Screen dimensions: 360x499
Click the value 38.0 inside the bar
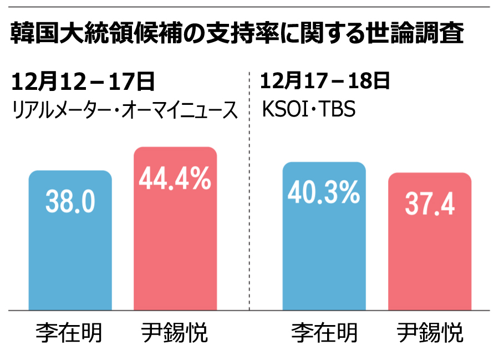70,203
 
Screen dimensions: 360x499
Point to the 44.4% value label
175,180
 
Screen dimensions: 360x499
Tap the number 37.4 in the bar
429,205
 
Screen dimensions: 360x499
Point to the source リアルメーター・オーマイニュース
125,110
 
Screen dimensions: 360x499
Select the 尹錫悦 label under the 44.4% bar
175,333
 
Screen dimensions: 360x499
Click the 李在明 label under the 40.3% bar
324,333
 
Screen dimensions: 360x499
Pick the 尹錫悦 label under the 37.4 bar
430,333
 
